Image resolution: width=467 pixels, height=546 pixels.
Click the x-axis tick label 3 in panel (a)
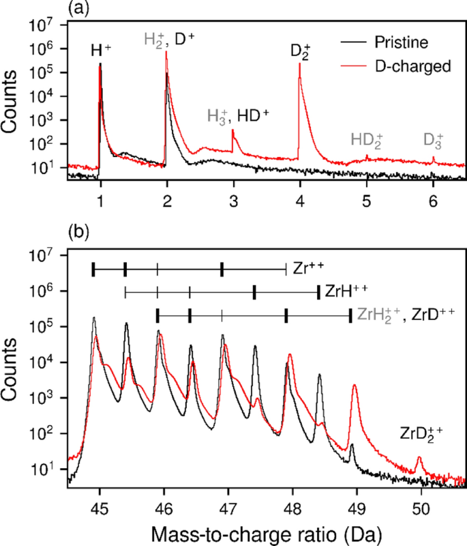[234, 201]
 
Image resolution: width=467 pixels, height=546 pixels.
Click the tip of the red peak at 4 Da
[300, 63]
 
